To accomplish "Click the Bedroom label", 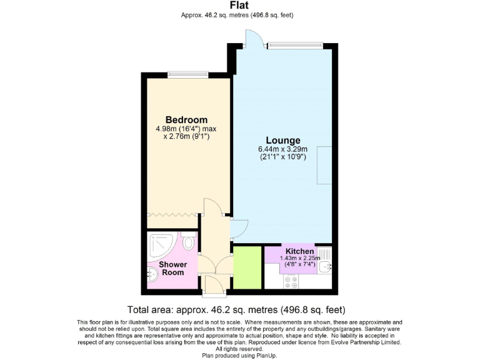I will (186, 120).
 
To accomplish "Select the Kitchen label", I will (299, 251).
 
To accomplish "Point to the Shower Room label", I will (173, 268).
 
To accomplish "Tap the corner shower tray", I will (162, 245).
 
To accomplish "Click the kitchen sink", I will (325, 267).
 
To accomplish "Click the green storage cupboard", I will (247, 267).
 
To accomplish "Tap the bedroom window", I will (187, 74).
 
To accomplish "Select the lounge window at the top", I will (293, 44).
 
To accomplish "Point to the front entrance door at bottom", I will (213, 286).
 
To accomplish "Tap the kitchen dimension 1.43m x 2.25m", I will (299, 258).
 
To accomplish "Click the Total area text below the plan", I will (236, 309).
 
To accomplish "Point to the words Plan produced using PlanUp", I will (239, 354).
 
